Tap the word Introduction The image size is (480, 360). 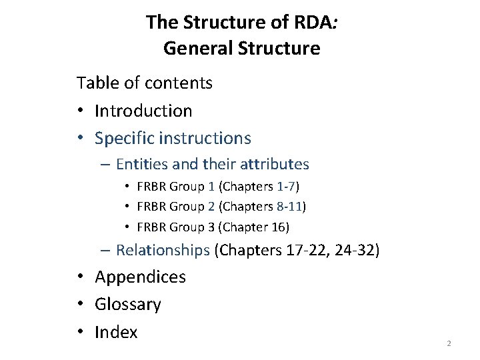143,110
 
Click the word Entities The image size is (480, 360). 141,163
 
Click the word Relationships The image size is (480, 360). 163,250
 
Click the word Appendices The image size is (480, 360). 141,277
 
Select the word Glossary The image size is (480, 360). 128,305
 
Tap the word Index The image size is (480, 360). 116,332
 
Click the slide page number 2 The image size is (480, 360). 449,343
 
